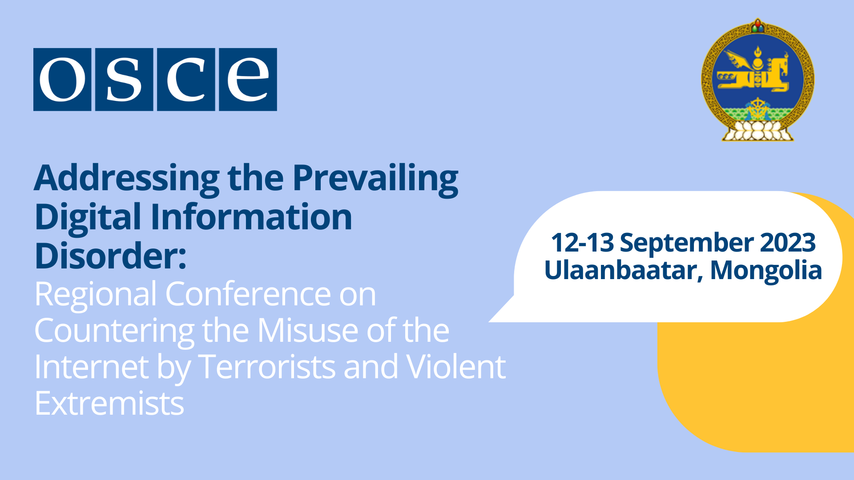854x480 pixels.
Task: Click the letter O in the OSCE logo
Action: (62, 80)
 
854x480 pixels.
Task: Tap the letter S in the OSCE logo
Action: (124, 80)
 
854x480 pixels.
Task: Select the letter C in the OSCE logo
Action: (186, 80)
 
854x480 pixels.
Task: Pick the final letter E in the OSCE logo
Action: (248, 80)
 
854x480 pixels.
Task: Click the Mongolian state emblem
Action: (758, 80)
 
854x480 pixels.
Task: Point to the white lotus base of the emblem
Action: (758, 131)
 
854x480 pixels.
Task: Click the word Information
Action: (251, 217)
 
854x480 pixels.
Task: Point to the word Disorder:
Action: (111, 256)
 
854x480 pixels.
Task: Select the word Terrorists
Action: (267, 367)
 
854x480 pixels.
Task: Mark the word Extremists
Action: (109, 404)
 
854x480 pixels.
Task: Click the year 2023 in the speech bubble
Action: (788, 243)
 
